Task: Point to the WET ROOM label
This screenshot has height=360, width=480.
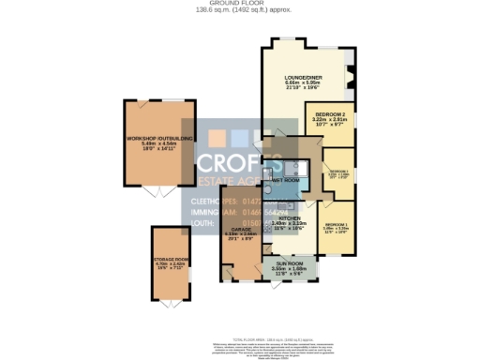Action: [x=285, y=178]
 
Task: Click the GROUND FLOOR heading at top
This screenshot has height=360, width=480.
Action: [x=239, y=4]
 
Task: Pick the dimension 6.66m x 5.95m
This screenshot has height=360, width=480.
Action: [x=303, y=82]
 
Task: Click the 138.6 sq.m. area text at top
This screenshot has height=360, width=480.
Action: [x=239, y=10]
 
